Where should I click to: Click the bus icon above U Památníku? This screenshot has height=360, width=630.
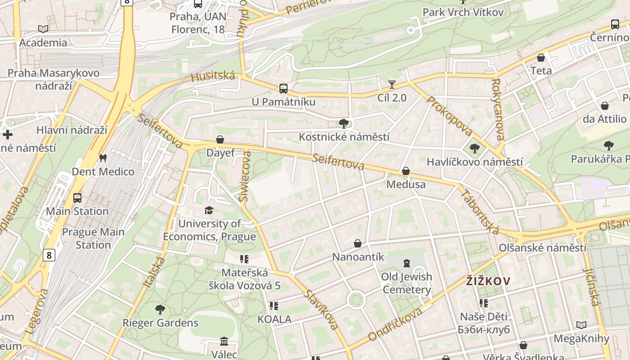[x=283, y=89]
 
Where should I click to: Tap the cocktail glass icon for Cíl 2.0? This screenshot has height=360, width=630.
[x=392, y=85]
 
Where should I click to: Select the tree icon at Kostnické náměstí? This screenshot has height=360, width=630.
[x=344, y=123]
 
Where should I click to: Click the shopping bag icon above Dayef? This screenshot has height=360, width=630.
[x=220, y=139]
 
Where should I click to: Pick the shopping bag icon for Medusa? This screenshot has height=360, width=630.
[x=406, y=171]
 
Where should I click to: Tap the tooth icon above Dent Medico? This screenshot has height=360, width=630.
[x=103, y=158]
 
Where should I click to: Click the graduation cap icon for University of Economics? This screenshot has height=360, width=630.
[x=209, y=210]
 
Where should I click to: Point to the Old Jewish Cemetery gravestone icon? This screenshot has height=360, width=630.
[x=407, y=263]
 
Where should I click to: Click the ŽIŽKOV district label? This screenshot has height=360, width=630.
[x=488, y=282]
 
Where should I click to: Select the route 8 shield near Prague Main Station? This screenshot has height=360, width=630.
[x=49, y=256]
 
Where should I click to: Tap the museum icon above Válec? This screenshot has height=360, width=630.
[x=224, y=342]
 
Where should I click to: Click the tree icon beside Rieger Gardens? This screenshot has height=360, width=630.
[x=160, y=310]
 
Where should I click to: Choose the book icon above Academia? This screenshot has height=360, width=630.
[x=43, y=29]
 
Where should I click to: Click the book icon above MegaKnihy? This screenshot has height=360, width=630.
[x=581, y=325]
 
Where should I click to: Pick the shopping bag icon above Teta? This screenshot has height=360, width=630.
[x=541, y=58]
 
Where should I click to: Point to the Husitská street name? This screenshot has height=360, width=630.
[x=213, y=76]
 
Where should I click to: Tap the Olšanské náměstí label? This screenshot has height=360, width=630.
[x=542, y=248]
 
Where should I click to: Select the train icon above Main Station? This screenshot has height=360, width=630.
[x=77, y=198]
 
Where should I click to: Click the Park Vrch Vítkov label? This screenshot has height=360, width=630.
[x=463, y=12]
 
